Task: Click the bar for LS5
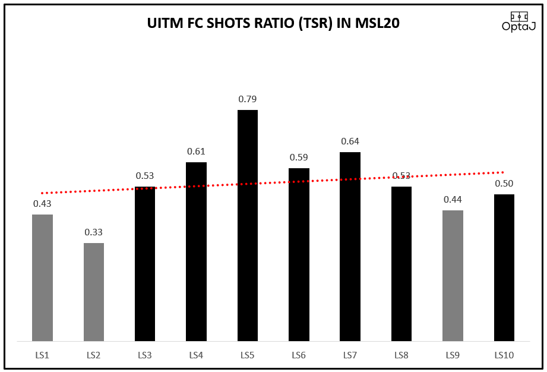coord(248,226)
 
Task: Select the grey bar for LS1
coord(42,278)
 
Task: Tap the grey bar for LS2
coord(94,292)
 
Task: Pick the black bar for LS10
coord(504,267)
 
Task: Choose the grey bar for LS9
coord(453,276)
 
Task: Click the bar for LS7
coord(350,247)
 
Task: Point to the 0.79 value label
coord(248,99)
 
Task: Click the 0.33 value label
coord(94,232)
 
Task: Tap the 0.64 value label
coord(350,141)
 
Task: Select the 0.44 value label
coord(453,199)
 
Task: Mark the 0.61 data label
coord(197,152)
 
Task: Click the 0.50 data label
coord(504,184)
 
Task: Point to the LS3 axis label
coord(145,355)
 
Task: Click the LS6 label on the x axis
coord(299,355)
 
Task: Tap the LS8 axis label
coord(401,355)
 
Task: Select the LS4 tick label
coord(197,355)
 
